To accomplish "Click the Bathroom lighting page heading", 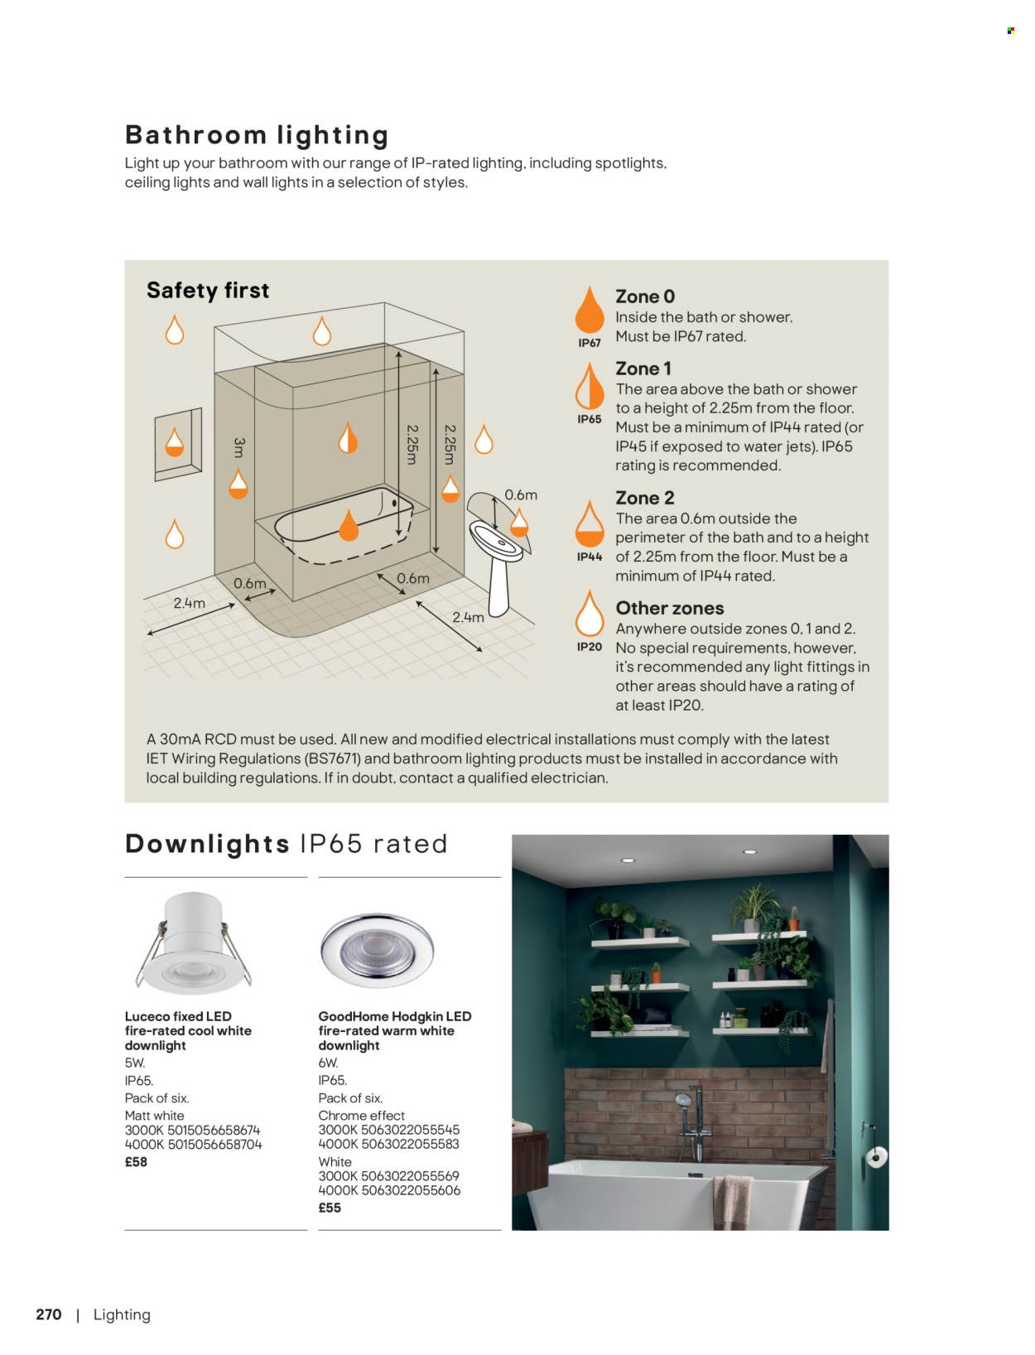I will pyautogui.click(x=257, y=135).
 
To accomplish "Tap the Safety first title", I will pyautogui.click(x=208, y=291).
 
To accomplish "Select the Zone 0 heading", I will pyautogui.click(x=645, y=297).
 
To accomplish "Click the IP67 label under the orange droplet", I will pyautogui.click(x=590, y=343).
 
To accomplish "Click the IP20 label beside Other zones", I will pyautogui.click(x=590, y=647).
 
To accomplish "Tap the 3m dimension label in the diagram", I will pyautogui.click(x=239, y=448).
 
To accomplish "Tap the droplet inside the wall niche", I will pyautogui.click(x=175, y=442).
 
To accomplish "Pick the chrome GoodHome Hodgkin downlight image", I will pyautogui.click(x=377, y=950).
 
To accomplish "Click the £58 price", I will pyautogui.click(x=136, y=1162).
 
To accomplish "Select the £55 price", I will pyautogui.click(x=330, y=1208).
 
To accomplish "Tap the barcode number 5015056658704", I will pyautogui.click(x=214, y=1145).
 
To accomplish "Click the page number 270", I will pyautogui.click(x=49, y=1314).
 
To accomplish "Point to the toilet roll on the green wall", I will pyautogui.click(x=877, y=1157).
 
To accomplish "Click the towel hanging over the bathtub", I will pyautogui.click(x=732, y=1201).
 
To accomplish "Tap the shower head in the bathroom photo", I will pyautogui.click(x=684, y=1102).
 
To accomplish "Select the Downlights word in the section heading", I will pyautogui.click(x=207, y=844).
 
